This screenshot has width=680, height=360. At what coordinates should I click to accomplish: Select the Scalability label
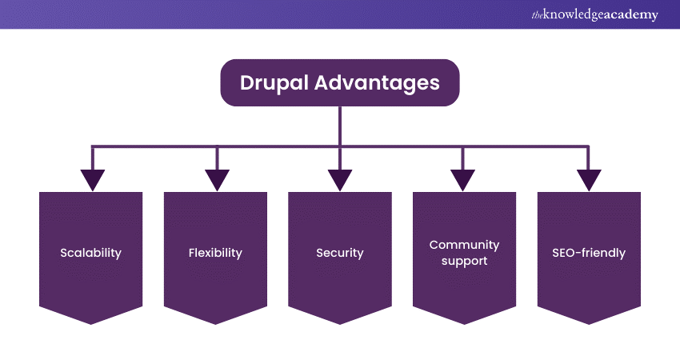[x=90, y=253]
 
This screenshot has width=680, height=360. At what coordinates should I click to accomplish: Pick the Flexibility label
[x=215, y=253]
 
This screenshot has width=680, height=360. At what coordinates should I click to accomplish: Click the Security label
[x=340, y=253]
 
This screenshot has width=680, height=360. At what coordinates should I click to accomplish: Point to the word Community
[x=464, y=245]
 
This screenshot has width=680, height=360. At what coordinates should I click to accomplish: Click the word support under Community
[x=464, y=261]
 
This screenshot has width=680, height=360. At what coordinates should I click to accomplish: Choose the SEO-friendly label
[x=589, y=253]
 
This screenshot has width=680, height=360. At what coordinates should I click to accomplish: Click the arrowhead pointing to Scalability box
[x=93, y=180]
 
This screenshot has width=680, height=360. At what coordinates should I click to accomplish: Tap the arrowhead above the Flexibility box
[x=217, y=180]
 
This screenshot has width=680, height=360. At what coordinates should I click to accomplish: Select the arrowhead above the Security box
[x=340, y=180]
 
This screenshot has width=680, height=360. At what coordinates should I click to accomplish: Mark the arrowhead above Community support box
[x=464, y=180]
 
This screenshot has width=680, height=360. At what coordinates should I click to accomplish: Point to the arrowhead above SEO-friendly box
[x=589, y=180]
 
